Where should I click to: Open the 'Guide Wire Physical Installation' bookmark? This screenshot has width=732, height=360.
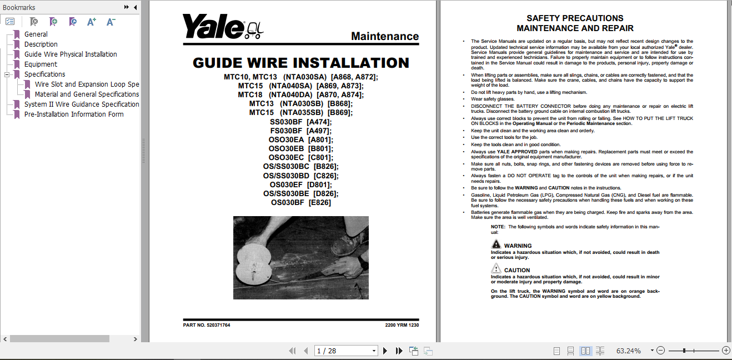coord(71,54)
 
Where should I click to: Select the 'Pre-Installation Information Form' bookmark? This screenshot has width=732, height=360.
coord(74,114)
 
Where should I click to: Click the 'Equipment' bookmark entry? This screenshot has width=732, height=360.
coord(41,64)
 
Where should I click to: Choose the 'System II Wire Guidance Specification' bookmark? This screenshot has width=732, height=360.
coord(82,104)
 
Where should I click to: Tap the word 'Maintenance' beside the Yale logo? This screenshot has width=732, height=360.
coord(385,37)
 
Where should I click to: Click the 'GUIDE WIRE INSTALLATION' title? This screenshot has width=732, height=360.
coord(300,63)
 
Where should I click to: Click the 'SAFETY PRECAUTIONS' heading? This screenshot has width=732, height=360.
coord(575,18)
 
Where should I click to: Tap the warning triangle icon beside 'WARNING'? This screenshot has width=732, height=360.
coord(496,244)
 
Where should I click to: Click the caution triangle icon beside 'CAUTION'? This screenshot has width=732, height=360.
coord(496,269)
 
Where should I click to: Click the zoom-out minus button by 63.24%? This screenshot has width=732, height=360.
coord(660,351)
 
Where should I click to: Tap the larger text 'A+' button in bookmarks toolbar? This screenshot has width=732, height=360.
coord(92,22)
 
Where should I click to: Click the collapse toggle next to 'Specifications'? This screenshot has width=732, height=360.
coord(7,74)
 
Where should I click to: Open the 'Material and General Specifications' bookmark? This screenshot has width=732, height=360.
coord(87,94)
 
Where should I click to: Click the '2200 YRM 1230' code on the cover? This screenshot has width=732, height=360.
coord(402,325)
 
